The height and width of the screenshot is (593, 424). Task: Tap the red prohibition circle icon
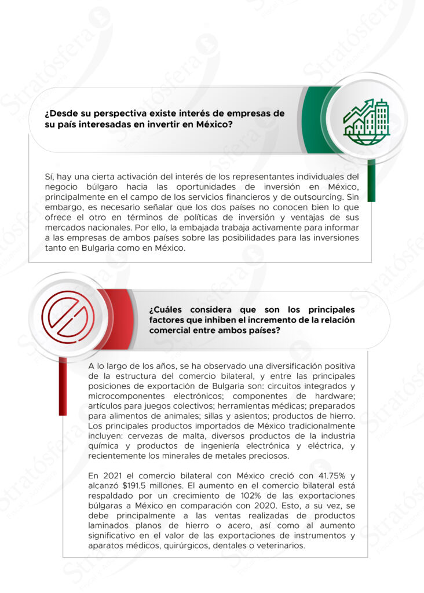pyautogui.click(x=68, y=316)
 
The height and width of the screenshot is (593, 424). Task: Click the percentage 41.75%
pyautogui.click(x=332, y=475)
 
